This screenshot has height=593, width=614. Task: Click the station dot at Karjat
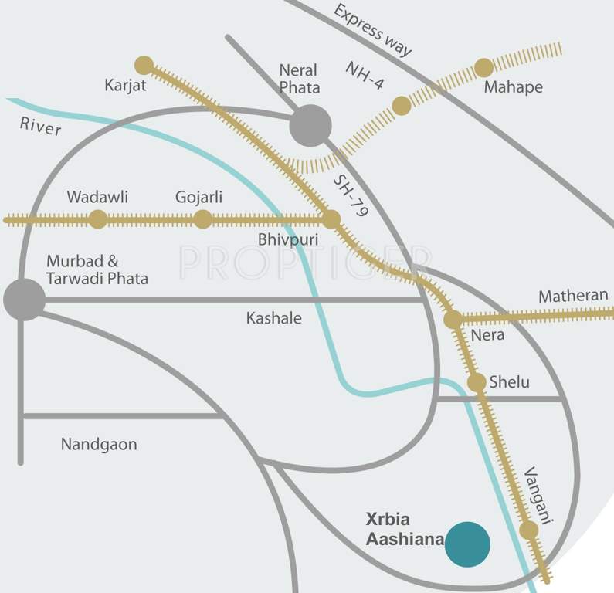point(144,65)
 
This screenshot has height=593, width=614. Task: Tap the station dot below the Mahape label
point(483,68)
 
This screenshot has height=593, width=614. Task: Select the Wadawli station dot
point(97,219)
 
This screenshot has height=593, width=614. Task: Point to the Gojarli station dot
point(202,219)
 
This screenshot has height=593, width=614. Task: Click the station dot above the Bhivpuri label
point(331,219)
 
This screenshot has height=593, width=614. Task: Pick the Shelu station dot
point(477,382)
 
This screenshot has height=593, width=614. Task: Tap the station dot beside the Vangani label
point(528,530)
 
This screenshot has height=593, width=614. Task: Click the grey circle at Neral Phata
point(310,125)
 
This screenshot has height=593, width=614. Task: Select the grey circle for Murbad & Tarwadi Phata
point(23,299)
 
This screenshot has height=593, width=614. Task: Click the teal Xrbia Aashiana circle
point(468,544)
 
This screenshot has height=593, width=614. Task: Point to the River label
point(41,126)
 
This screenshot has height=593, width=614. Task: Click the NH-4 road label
point(365,75)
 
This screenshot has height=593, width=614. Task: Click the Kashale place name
point(273,317)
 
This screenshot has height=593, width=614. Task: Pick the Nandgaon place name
point(98,444)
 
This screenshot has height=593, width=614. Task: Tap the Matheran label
point(573,296)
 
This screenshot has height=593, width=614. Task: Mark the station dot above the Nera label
point(453,319)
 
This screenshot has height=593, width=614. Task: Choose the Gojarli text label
point(198,197)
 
